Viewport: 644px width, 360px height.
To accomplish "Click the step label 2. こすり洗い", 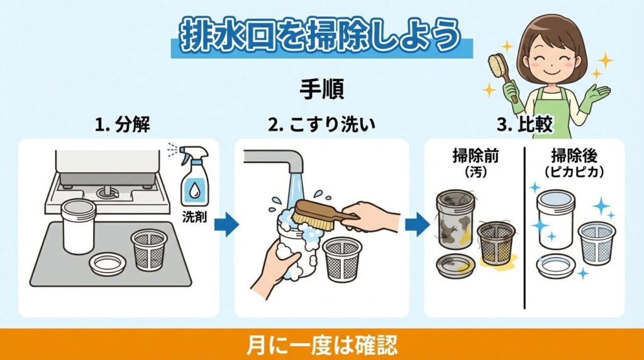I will (x=321, y=125).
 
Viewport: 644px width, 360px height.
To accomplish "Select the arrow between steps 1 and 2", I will (x=226, y=223).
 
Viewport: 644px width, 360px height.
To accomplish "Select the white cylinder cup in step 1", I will (x=79, y=226).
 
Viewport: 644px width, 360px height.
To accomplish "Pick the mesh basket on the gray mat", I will (x=150, y=248).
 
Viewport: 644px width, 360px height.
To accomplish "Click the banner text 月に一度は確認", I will (x=321, y=346).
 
